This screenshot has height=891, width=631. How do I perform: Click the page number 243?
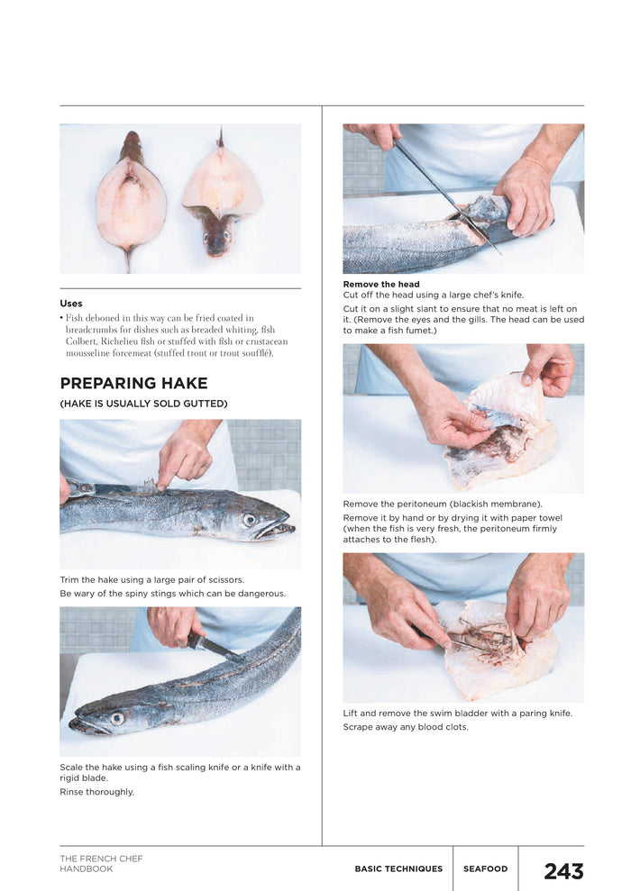tap(563, 871)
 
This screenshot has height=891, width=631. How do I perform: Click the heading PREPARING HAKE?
tap(133, 383)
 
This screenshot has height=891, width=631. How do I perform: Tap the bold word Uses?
tap(70, 304)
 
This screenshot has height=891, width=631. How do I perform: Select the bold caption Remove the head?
tap(381, 285)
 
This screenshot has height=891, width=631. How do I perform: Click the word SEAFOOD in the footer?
tap(485, 869)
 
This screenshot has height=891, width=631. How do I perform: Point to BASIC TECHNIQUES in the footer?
tap(398, 869)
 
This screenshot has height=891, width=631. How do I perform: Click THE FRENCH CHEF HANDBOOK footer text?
tap(101, 864)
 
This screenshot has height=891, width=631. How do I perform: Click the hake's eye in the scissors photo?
tap(250, 520)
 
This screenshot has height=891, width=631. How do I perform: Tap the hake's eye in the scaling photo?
tap(116, 718)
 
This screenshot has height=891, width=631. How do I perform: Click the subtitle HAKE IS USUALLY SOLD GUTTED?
tap(143, 404)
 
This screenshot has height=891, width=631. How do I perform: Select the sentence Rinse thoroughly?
tap(96, 792)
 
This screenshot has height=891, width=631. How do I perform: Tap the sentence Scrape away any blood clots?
tap(406, 727)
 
